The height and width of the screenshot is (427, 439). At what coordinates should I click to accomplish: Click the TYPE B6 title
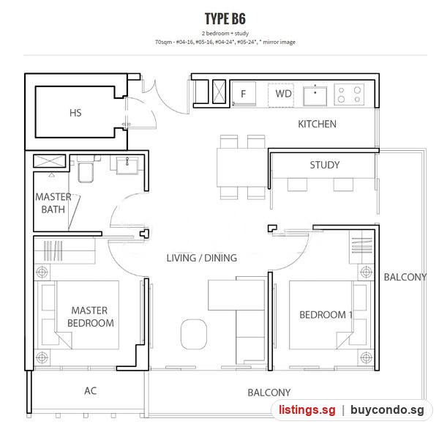(x=225, y=19)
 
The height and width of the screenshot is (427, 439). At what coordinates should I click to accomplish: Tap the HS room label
(x=75, y=113)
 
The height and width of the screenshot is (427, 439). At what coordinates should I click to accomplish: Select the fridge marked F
(x=244, y=94)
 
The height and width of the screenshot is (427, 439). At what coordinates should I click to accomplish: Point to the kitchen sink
(x=315, y=96)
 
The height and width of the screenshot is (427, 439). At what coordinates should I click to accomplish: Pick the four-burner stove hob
(x=349, y=94)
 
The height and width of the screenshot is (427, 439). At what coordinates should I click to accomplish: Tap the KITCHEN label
(x=317, y=124)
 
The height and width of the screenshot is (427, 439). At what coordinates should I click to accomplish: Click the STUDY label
(x=325, y=165)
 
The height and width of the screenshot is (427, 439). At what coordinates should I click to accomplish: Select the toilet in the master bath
(x=86, y=169)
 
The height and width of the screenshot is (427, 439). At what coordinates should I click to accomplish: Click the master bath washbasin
(x=127, y=166)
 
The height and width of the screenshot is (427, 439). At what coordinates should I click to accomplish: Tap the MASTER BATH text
(x=53, y=203)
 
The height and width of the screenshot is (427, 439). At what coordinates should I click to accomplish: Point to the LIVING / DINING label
(x=202, y=258)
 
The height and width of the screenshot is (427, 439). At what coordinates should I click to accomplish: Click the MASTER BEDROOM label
(x=91, y=316)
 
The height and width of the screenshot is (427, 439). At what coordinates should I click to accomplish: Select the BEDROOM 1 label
(x=326, y=315)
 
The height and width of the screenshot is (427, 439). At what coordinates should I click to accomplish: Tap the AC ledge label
(x=91, y=390)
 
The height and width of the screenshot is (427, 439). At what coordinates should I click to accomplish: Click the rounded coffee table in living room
(x=194, y=334)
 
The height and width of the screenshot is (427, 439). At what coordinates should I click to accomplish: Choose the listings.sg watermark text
(x=307, y=409)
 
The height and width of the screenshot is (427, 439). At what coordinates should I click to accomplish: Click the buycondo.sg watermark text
(x=387, y=410)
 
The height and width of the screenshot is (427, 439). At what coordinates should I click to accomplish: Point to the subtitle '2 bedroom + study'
(x=225, y=34)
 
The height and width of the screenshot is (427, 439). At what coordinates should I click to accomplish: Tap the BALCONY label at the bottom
(x=269, y=393)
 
